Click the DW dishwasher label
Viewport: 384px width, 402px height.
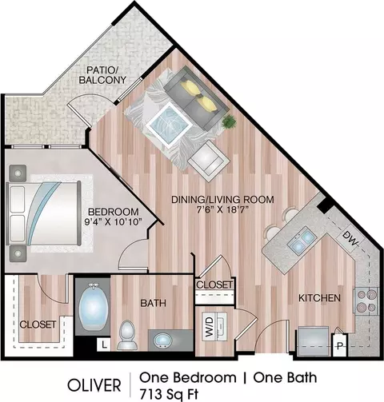coord(350,238)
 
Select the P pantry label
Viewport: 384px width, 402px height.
coord(339,346)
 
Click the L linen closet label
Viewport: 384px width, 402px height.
coord(104,345)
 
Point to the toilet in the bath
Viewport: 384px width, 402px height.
coord(127,335)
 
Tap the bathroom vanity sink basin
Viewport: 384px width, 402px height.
coord(163,340)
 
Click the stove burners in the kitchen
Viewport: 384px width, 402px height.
coord(366,301)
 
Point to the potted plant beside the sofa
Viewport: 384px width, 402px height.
coord(229,122)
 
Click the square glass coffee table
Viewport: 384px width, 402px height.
coord(169,125)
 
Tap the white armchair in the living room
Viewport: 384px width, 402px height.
coord(209,161)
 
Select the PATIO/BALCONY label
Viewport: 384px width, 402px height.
coord(102,75)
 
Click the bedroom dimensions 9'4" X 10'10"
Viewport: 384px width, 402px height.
coord(113,221)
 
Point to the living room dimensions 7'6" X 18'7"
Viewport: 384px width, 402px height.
coord(222,209)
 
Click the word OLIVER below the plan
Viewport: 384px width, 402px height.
coord(94,385)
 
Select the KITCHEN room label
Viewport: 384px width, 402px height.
coord(319,298)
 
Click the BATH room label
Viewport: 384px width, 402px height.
coord(154,303)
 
